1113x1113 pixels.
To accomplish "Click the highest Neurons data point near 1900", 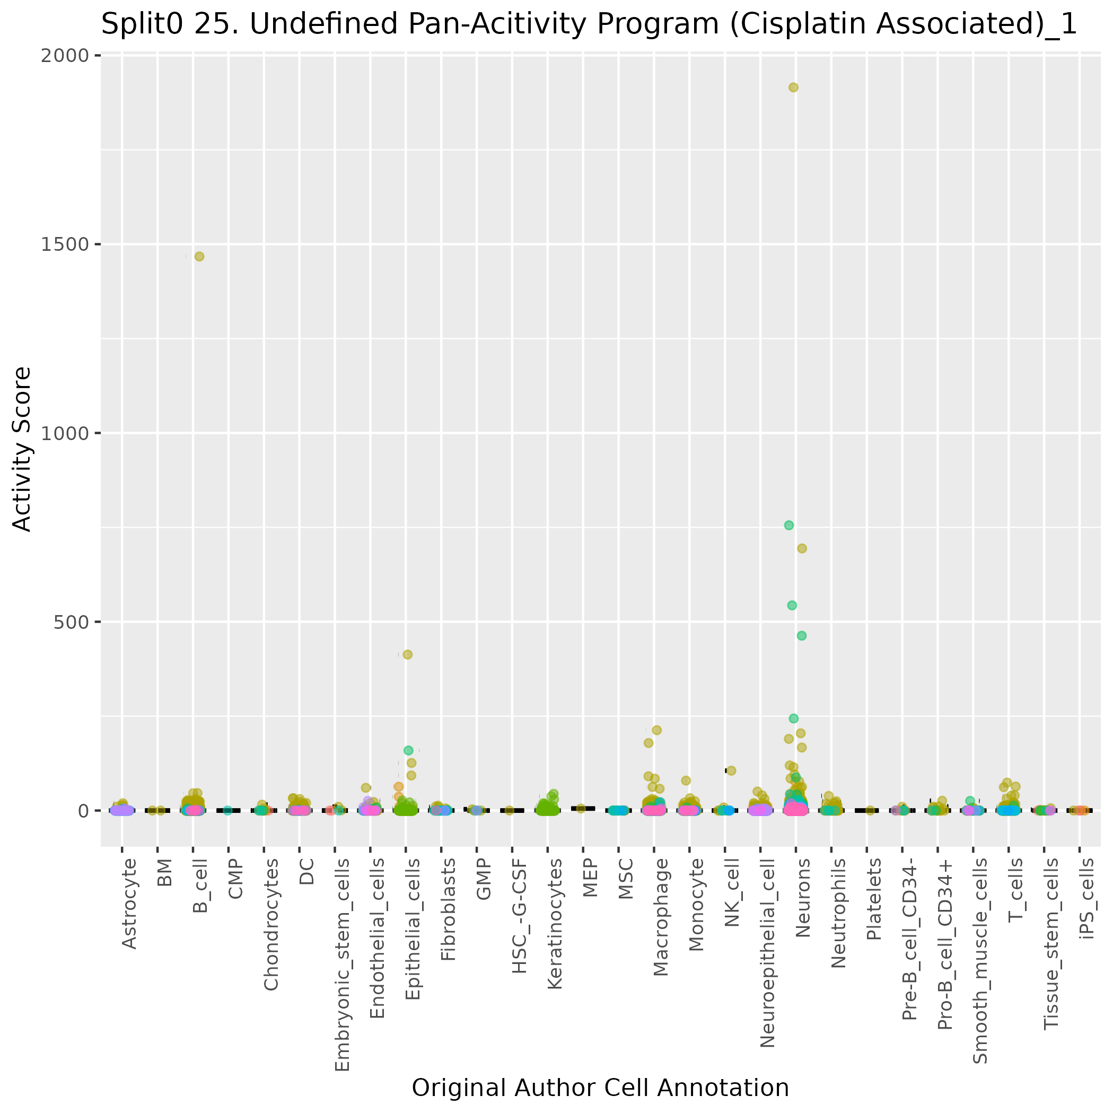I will (793, 87).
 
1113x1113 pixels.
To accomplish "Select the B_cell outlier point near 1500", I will (199, 256).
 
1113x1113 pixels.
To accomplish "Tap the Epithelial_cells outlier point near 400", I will (407, 654).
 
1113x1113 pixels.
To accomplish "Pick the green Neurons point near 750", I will (789, 525).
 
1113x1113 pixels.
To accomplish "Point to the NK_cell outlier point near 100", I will (731, 770).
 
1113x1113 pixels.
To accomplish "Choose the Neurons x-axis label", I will (802, 898).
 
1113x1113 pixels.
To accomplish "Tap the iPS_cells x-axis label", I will (1087, 898).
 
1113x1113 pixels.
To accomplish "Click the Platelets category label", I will (874, 899).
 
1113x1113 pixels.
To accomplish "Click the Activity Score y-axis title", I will (22, 449).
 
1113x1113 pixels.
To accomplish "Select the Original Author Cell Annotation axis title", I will (600, 1088).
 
